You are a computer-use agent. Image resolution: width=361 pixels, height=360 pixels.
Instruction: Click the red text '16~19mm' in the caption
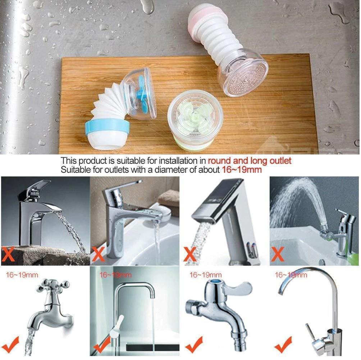click(x=242, y=170)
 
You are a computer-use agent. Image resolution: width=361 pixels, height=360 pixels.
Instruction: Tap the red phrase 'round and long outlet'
click(x=250, y=161)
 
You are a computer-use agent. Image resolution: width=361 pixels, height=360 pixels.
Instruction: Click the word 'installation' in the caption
click(x=179, y=161)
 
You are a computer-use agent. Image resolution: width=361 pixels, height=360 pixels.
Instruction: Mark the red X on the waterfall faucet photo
click(x=8, y=254)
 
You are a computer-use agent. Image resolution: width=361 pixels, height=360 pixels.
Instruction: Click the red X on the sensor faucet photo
click(x=190, y=254)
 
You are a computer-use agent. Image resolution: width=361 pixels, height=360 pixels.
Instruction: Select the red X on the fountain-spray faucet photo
click(x=277, y=254)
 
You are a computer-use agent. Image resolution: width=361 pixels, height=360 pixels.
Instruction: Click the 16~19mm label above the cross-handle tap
click(x=22, y=275)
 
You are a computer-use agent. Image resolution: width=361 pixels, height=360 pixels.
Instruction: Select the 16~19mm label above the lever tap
click(x=205, y=275)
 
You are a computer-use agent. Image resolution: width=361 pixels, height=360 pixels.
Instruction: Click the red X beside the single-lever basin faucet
click(x=98, y=254)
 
